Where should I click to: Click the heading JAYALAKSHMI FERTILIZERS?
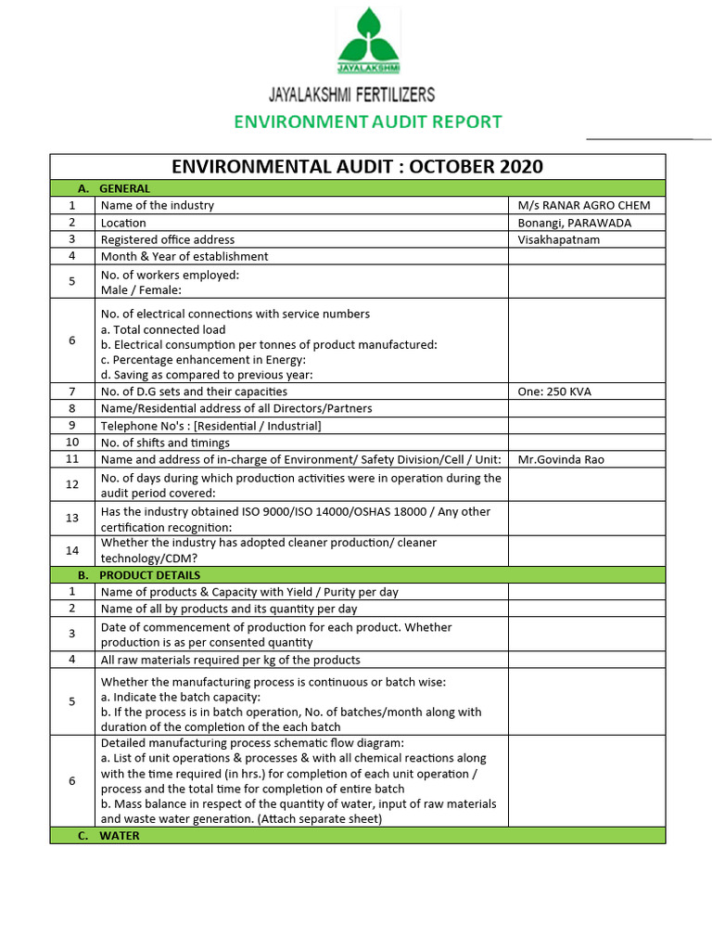[351, 95]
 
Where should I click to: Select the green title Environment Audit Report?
[367, 122]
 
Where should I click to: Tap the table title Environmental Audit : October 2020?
[357, 167]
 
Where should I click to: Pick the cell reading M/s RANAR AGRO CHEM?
[583, 205]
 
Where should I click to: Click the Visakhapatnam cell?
[559, 239]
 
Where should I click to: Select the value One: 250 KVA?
[554, 392]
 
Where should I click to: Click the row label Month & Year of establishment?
[184, 256]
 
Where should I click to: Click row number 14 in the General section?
[72, 550]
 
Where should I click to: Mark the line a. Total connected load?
[163, 329]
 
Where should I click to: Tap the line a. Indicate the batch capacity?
[181, 697]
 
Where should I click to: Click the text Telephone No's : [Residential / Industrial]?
[210, 426]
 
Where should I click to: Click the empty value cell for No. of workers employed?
[586, 281]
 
